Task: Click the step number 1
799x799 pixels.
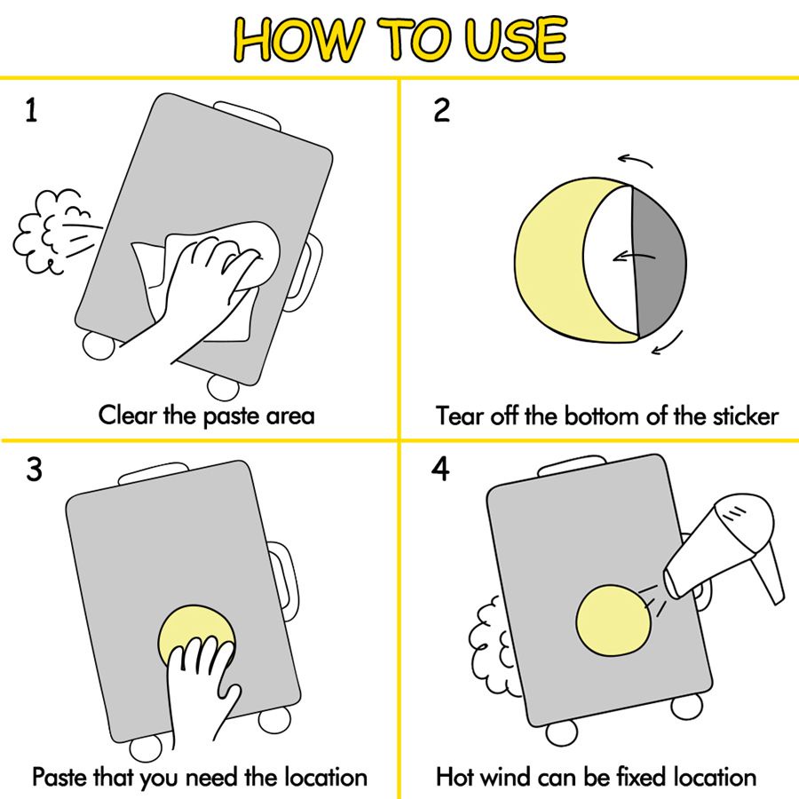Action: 31,110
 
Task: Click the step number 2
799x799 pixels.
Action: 442,110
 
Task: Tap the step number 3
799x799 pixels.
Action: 34,469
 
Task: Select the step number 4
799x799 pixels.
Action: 441,469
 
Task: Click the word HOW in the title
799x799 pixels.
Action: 300,39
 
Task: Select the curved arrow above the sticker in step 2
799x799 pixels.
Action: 636,160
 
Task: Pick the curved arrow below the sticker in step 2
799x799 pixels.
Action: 668,344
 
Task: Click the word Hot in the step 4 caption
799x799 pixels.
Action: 455,777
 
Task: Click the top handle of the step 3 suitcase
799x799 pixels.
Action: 153,471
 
